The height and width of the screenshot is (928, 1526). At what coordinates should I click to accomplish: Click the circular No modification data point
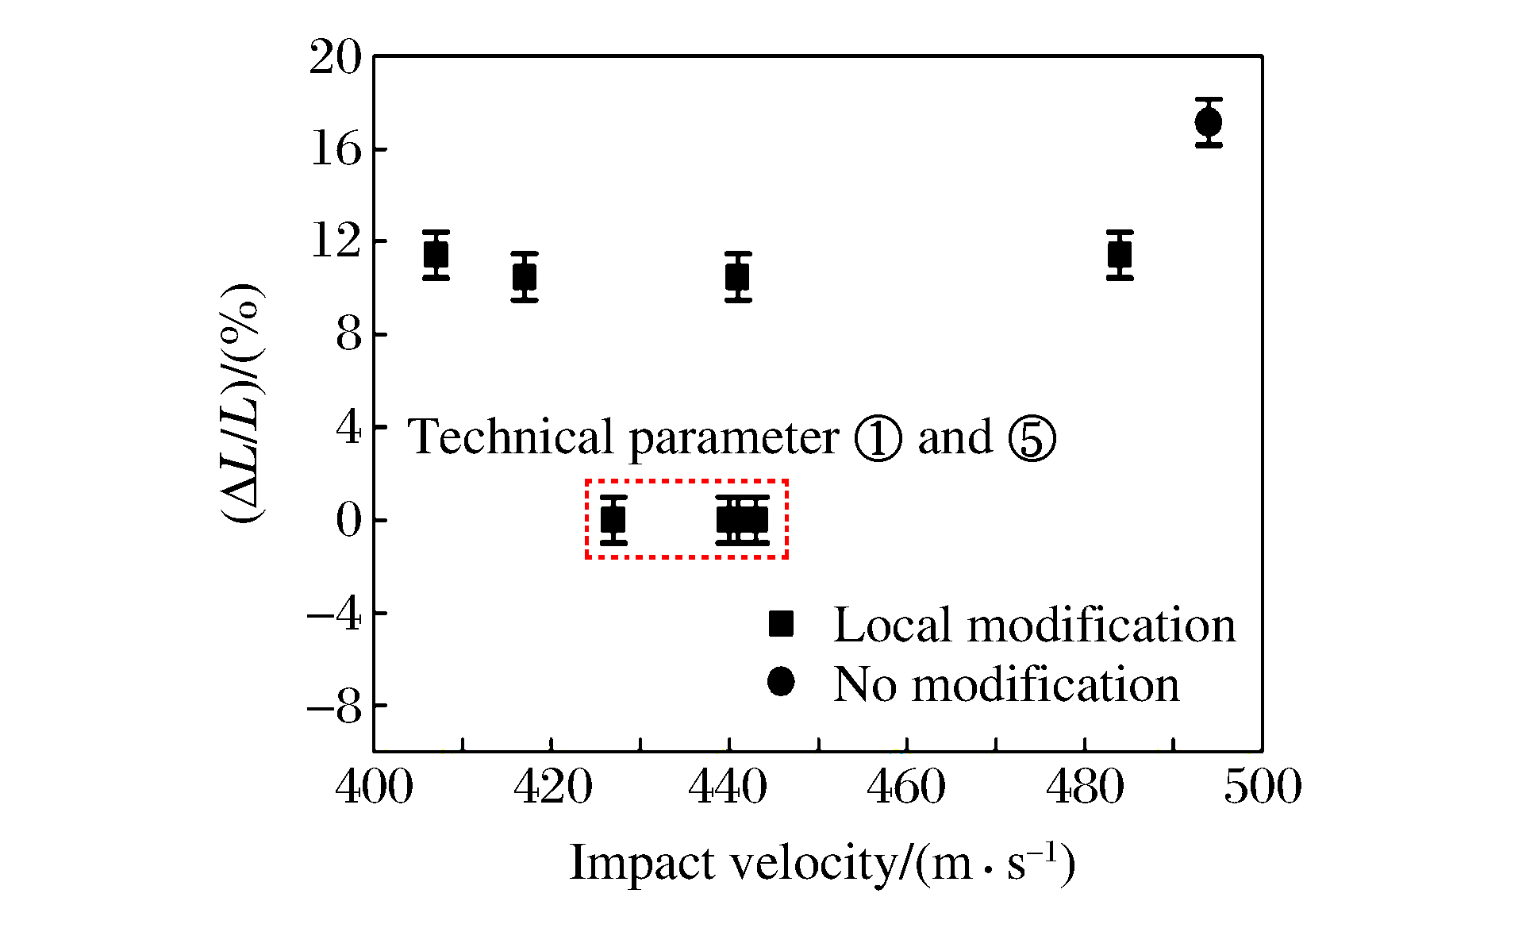[x=1209, y=123]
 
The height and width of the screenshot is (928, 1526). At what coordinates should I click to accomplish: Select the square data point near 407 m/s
[x=436, y=255]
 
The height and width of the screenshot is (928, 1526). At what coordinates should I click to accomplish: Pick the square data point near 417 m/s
[x=525, y=277]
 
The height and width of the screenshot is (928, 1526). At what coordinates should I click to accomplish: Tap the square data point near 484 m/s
[x=1120, y=255]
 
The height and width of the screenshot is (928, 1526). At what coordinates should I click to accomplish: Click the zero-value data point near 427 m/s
[x=613, y=520]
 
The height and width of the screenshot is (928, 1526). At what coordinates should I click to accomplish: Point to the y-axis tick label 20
[x=335, y=58]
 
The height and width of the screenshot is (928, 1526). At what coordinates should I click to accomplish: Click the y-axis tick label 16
[x=335, y=149]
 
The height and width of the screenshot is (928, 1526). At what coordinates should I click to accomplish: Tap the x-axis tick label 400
[x=374, y=787]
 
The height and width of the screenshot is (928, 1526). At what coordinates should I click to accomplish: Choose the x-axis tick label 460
[x=906, y=787]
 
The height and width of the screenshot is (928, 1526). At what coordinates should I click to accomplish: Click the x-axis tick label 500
[x=1263, y=787]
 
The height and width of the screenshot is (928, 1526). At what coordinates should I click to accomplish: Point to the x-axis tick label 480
[x=1085, y=787]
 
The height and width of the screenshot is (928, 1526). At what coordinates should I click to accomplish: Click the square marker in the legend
[x=781, y=624]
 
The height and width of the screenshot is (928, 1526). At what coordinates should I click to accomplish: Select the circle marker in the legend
[x=781, y=681]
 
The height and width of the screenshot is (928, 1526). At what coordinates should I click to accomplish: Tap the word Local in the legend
[x=892, y=625]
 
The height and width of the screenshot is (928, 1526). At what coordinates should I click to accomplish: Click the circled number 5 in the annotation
[x=1032, y=438]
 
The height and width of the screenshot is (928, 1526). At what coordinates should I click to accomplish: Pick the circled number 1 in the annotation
[x=878, y=438]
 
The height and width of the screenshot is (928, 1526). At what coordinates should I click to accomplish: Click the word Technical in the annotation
[x=511, y=437]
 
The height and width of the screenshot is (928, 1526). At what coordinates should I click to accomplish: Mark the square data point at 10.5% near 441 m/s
[x=738, y=277]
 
